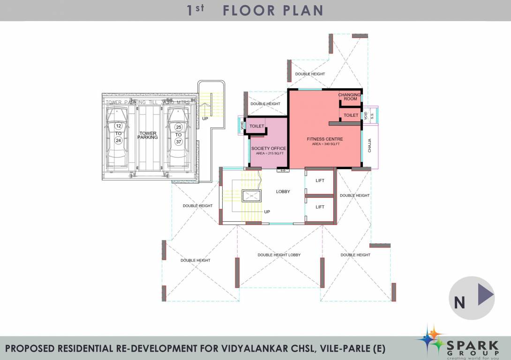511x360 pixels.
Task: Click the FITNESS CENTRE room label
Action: [x=325, y=139]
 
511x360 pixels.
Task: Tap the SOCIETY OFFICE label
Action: [x=268, y=149]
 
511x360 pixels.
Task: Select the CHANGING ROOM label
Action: [x=350, y=97]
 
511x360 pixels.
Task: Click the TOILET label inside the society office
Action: [x=256, y=126]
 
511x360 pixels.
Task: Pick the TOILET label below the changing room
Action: [x=351, y=115]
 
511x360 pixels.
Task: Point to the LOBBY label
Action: [x=283, y=192]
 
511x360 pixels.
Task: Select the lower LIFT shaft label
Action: [x=320, y=207]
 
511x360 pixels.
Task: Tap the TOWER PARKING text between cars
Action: [x=148, y=135]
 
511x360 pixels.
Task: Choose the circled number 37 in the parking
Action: [x=178, y=141]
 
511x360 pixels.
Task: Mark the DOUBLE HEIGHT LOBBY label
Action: [x=279, y=255]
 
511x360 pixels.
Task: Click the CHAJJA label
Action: [x=370, y=145]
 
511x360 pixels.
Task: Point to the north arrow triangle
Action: [x=485, y=296]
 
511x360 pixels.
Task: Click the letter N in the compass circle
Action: [x=459, y=302]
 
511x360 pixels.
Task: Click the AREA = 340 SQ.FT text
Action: [x=325, y=144]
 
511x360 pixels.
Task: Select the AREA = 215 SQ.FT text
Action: [x=268, y=153]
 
